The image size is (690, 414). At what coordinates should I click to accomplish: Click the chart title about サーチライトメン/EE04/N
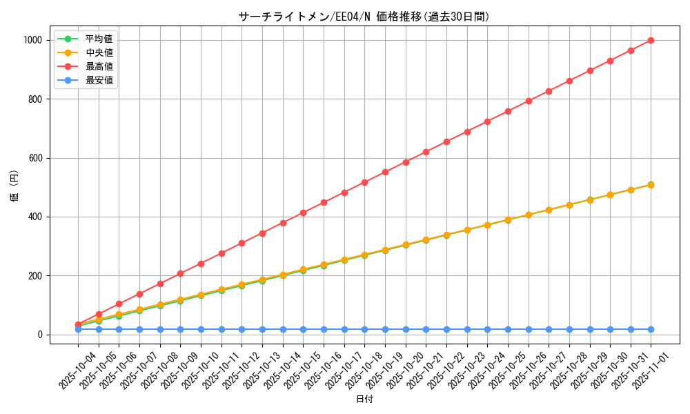tap(364, 17)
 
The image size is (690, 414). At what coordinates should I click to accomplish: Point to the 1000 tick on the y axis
tap(32, 40)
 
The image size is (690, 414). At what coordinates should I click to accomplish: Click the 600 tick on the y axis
tap(35, 158)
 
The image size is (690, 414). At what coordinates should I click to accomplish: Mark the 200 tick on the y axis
tap(35, 276)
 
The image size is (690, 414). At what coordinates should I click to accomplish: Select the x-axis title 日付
tap(364, 400)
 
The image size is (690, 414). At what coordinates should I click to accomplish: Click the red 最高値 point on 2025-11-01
tap(651, 40)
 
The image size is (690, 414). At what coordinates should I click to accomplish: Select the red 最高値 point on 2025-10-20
tap(406, 162)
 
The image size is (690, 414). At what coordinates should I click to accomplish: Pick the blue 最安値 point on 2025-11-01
tap(651, 329)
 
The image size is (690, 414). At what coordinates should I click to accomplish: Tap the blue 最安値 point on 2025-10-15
tap(303, 329)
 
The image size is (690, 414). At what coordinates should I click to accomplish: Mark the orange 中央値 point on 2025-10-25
tap(508, 219)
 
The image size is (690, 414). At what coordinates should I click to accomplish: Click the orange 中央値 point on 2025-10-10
tap(201, 295)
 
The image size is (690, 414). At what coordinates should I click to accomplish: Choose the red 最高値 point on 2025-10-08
tap(160, 284)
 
